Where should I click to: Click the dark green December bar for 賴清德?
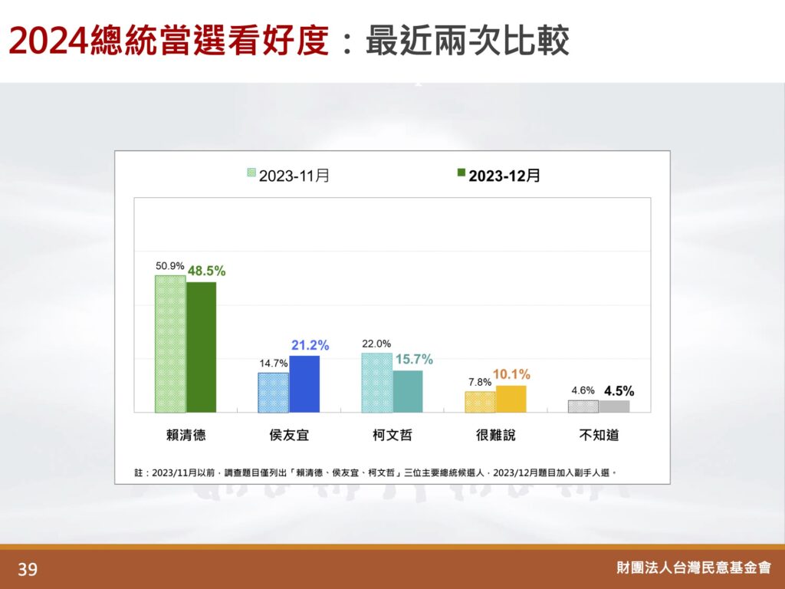pos(202,347)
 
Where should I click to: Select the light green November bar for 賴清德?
pos(170,344)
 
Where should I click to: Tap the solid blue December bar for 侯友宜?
pos(304,384)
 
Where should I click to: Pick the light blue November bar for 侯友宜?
pos(274,393)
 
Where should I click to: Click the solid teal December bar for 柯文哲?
pos(408,392)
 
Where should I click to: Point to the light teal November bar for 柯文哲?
pos(377,383)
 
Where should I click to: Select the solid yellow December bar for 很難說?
pos(511,399)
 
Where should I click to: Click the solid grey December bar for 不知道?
pos(614,406)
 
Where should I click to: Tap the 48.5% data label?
pos(206,271)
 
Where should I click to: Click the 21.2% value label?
pos(310,345)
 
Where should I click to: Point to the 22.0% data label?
pos(376,344)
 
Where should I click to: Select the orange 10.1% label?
pos(511,374)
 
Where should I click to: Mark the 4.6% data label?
pos(583,390)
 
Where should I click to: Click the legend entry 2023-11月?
pos(288,176)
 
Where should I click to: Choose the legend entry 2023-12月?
pos(498,176)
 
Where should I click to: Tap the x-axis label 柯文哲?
pos(392,435)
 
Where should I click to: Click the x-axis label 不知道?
pos(599,435)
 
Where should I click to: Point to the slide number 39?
pos(28,569)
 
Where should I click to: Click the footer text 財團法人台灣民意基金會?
pos(694,568)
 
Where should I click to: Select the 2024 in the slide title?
pos(48,41)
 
